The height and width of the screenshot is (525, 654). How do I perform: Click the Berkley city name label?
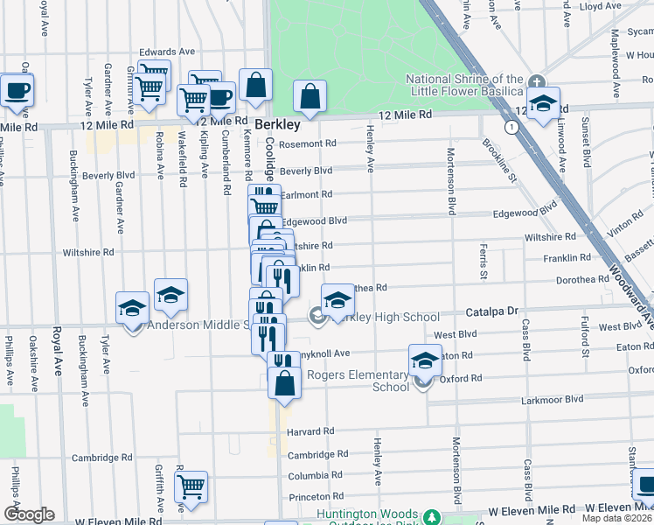(277, 124)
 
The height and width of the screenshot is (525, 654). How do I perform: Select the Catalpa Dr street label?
(492, 311)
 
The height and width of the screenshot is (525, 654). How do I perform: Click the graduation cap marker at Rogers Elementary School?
(424, 361)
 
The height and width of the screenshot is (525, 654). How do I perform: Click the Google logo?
(29, 514)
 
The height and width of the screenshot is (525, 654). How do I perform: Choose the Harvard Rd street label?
(310, 431)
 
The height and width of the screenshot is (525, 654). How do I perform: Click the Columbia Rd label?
(313, 476)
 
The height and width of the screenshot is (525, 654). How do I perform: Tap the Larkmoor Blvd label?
(552, 399)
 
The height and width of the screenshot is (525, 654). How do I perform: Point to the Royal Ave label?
(57, 349)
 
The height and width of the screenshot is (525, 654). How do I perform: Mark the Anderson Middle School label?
(198, 325)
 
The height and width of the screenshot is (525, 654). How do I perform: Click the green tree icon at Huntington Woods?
(430, 516)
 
